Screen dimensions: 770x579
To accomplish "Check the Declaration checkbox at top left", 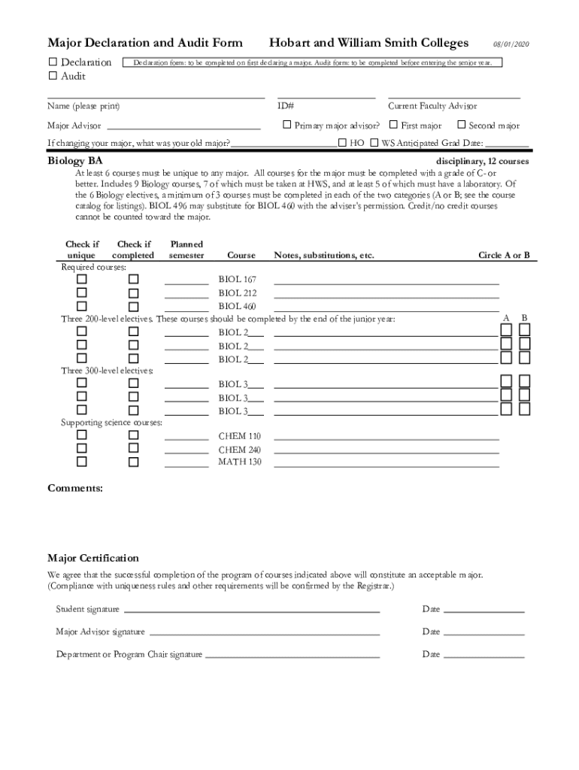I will coord(53,62).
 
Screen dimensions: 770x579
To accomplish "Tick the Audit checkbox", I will coord(53,76).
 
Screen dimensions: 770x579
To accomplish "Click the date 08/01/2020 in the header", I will coord(511,44).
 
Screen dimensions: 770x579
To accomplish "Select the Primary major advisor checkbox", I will coord(286,126).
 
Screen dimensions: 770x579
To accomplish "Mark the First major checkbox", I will coord(393,126).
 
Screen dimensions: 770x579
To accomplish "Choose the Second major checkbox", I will coord(462,126).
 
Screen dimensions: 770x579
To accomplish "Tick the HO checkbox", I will coord(342,142).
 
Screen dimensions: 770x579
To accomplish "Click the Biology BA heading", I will coord(75,161).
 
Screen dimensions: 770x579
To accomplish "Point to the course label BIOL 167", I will coord(238,280).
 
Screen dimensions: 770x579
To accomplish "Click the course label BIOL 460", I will coord(238,306).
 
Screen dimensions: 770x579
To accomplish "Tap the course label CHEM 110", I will coord(240,436).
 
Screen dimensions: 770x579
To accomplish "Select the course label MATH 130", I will coord(240,462).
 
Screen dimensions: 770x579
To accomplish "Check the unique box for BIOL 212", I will coord(81,293).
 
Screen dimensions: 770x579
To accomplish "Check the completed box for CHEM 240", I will coord(134,448).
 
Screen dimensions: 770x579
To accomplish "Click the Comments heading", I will coord(75,488).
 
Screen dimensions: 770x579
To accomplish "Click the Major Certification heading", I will coord(93,558).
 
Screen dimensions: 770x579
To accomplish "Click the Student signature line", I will coord(252,611).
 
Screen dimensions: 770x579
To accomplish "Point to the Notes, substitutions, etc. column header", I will coord(324,255).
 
